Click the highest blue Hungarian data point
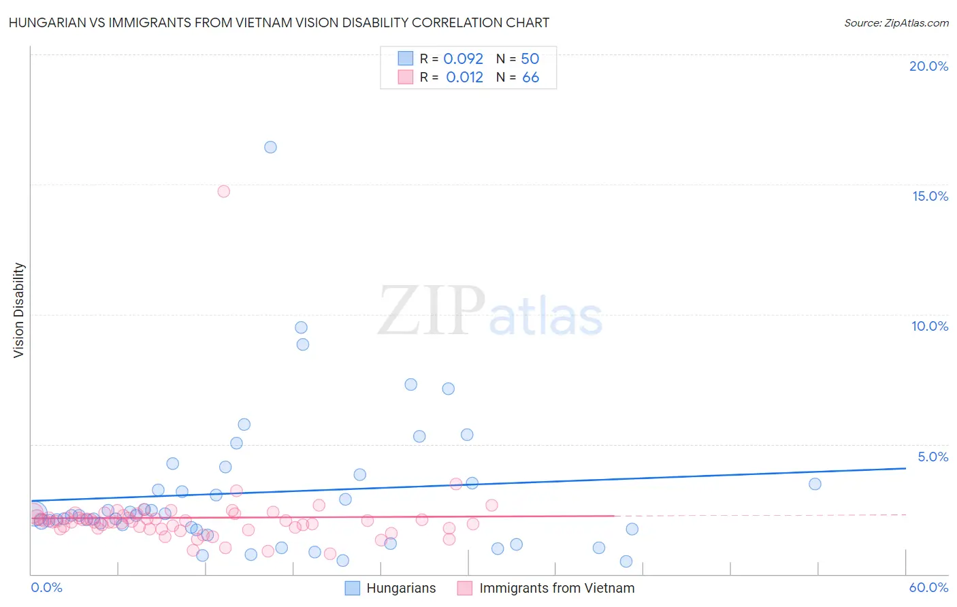click(x=270, y=147)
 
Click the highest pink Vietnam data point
click(x=224, y=191)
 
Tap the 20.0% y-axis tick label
click(x=928, y=66)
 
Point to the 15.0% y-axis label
click(x=930, y=196)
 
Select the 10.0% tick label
click(x=930, y=326)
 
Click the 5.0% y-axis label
click(x=932, y=457)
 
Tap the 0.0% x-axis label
click(x=47, y=587)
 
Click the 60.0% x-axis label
click(x=928, y=587)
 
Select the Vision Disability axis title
click(x=19, y=310)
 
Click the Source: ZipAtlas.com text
click(x=896, y=22)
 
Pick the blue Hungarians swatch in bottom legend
click(x=352, y=588)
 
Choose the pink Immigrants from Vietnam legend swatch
click(x=465, y=588)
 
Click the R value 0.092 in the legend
click(x=463, y=59)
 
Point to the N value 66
click(x=530, y=78)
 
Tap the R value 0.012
click(x=464, y=78)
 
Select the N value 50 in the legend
click(x=530, y=59)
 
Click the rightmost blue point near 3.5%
click(x=815, y=484)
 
